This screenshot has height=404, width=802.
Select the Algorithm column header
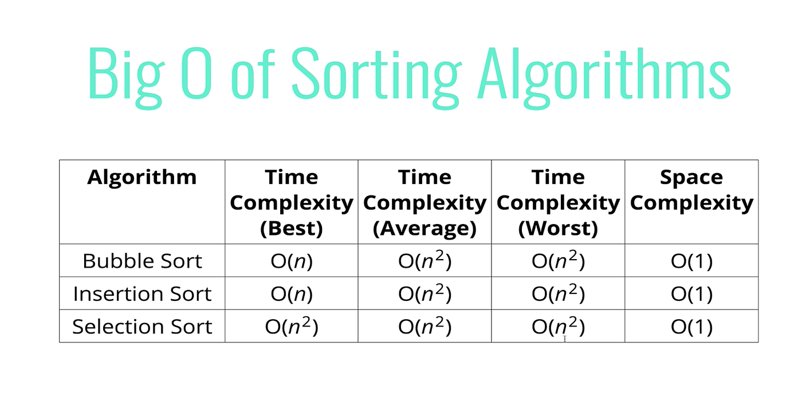142,177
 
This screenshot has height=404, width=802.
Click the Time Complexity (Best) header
292,202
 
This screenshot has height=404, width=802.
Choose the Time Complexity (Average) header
424,202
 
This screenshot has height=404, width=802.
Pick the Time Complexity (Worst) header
558,202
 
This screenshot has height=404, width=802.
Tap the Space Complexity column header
692,190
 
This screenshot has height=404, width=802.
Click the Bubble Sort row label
142,261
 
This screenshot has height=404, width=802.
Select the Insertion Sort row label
142,293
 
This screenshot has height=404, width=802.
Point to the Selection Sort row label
142,327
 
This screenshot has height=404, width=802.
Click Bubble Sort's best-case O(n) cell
292,261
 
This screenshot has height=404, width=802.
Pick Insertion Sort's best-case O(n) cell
292,294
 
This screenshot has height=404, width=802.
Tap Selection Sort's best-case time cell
292,326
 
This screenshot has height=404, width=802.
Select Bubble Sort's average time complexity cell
424,260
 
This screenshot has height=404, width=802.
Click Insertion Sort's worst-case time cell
558,293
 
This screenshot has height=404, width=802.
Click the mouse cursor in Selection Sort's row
565,339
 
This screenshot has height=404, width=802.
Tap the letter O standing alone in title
196,73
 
